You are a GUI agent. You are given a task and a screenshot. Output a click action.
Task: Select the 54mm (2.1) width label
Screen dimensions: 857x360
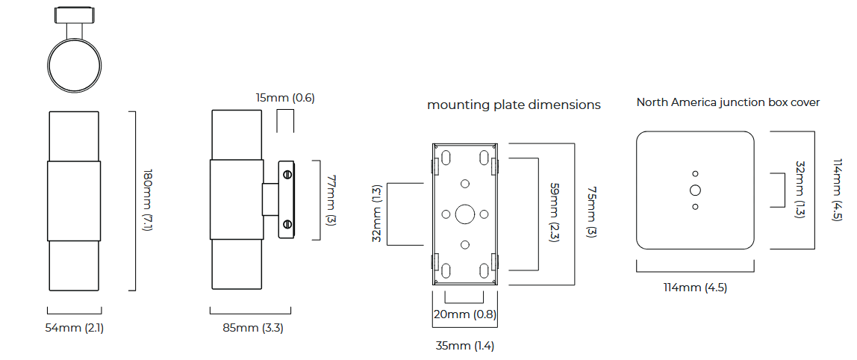tap(75, 329)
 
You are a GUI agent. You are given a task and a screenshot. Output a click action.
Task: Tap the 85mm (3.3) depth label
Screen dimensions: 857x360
tap(253, 329)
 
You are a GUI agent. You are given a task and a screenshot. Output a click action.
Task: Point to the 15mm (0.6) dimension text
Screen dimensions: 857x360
tap(285, 98)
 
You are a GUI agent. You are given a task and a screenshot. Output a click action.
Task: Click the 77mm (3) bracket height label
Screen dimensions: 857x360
tap(331, 200)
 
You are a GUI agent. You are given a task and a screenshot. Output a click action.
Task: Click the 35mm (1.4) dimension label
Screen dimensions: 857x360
tap(464, 346)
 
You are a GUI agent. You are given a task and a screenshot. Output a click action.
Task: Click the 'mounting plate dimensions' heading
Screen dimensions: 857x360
tap(514, 105)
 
